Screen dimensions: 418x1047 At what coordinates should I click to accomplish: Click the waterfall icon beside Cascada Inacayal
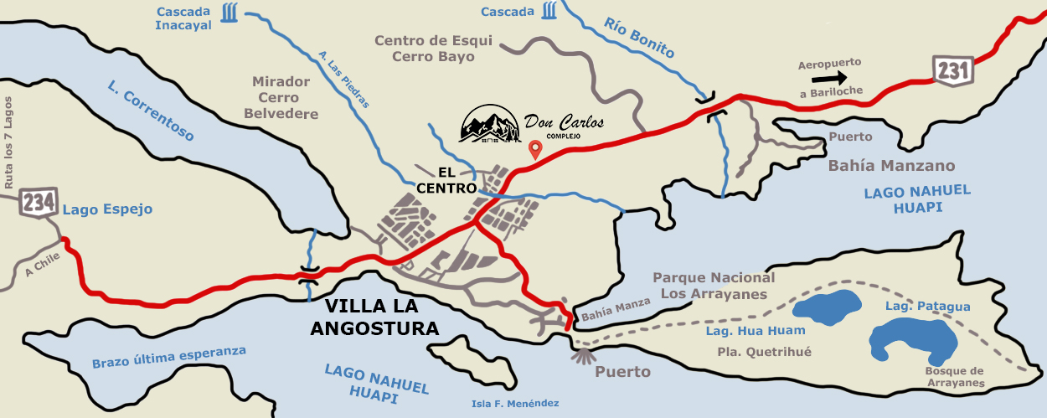pos(228,14)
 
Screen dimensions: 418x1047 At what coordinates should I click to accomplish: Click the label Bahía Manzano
pos(891,166)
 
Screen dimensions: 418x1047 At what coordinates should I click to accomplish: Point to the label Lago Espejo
pos(107,209)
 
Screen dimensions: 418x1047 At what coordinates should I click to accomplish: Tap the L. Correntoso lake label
pos(151,111)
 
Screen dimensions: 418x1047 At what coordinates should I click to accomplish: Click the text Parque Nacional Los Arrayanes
pos(714,286)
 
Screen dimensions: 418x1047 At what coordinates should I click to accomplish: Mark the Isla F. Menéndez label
pos(514,404)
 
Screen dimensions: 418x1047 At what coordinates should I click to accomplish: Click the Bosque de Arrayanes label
pos(954,377)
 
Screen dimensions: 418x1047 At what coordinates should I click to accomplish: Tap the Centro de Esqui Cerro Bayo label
pos(433,49)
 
